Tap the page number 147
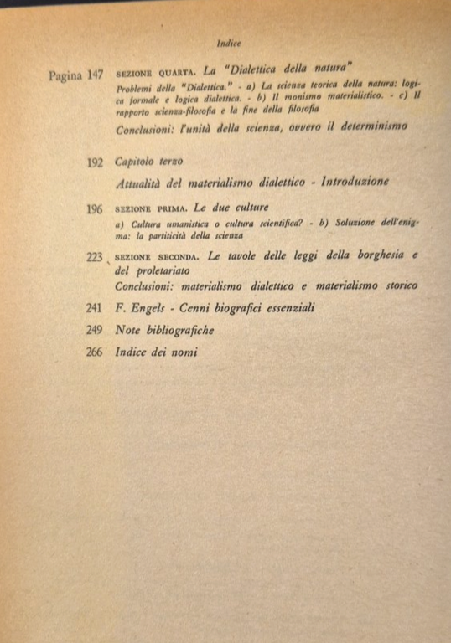click(95, 75)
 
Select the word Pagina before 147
click(65, 75)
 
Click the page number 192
click(95, 162)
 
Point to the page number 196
click(94, 209)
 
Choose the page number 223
click(94, 257)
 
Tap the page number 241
click(94, 308)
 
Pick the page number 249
click(94, 330)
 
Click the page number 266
click(94, 352)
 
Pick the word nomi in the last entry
click(181, 352)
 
